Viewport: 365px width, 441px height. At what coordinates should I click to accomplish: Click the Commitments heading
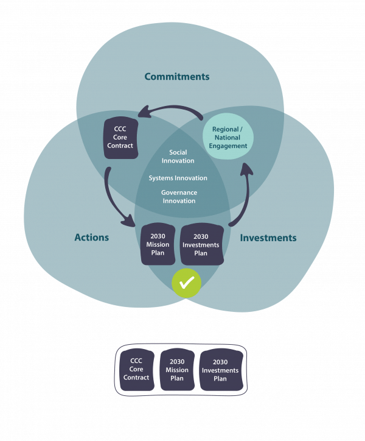coord(176,77)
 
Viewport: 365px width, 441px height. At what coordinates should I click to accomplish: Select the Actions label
coord(91,237)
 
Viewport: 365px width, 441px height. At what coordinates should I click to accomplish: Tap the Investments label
coord(268,238)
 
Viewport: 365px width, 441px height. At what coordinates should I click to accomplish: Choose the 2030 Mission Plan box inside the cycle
coord(158,244)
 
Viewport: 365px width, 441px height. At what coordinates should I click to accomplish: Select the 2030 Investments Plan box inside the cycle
coord(201,244)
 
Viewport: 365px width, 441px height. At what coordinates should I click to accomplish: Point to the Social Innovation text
coord(178,157)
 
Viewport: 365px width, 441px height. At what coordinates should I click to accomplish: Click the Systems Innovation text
coord(178,178)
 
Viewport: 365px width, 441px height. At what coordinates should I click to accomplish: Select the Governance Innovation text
coord(178,196)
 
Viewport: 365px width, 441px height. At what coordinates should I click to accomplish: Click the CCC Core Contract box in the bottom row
coord(136,370)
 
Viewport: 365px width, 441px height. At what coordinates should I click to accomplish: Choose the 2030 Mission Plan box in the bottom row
coord(177,370)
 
